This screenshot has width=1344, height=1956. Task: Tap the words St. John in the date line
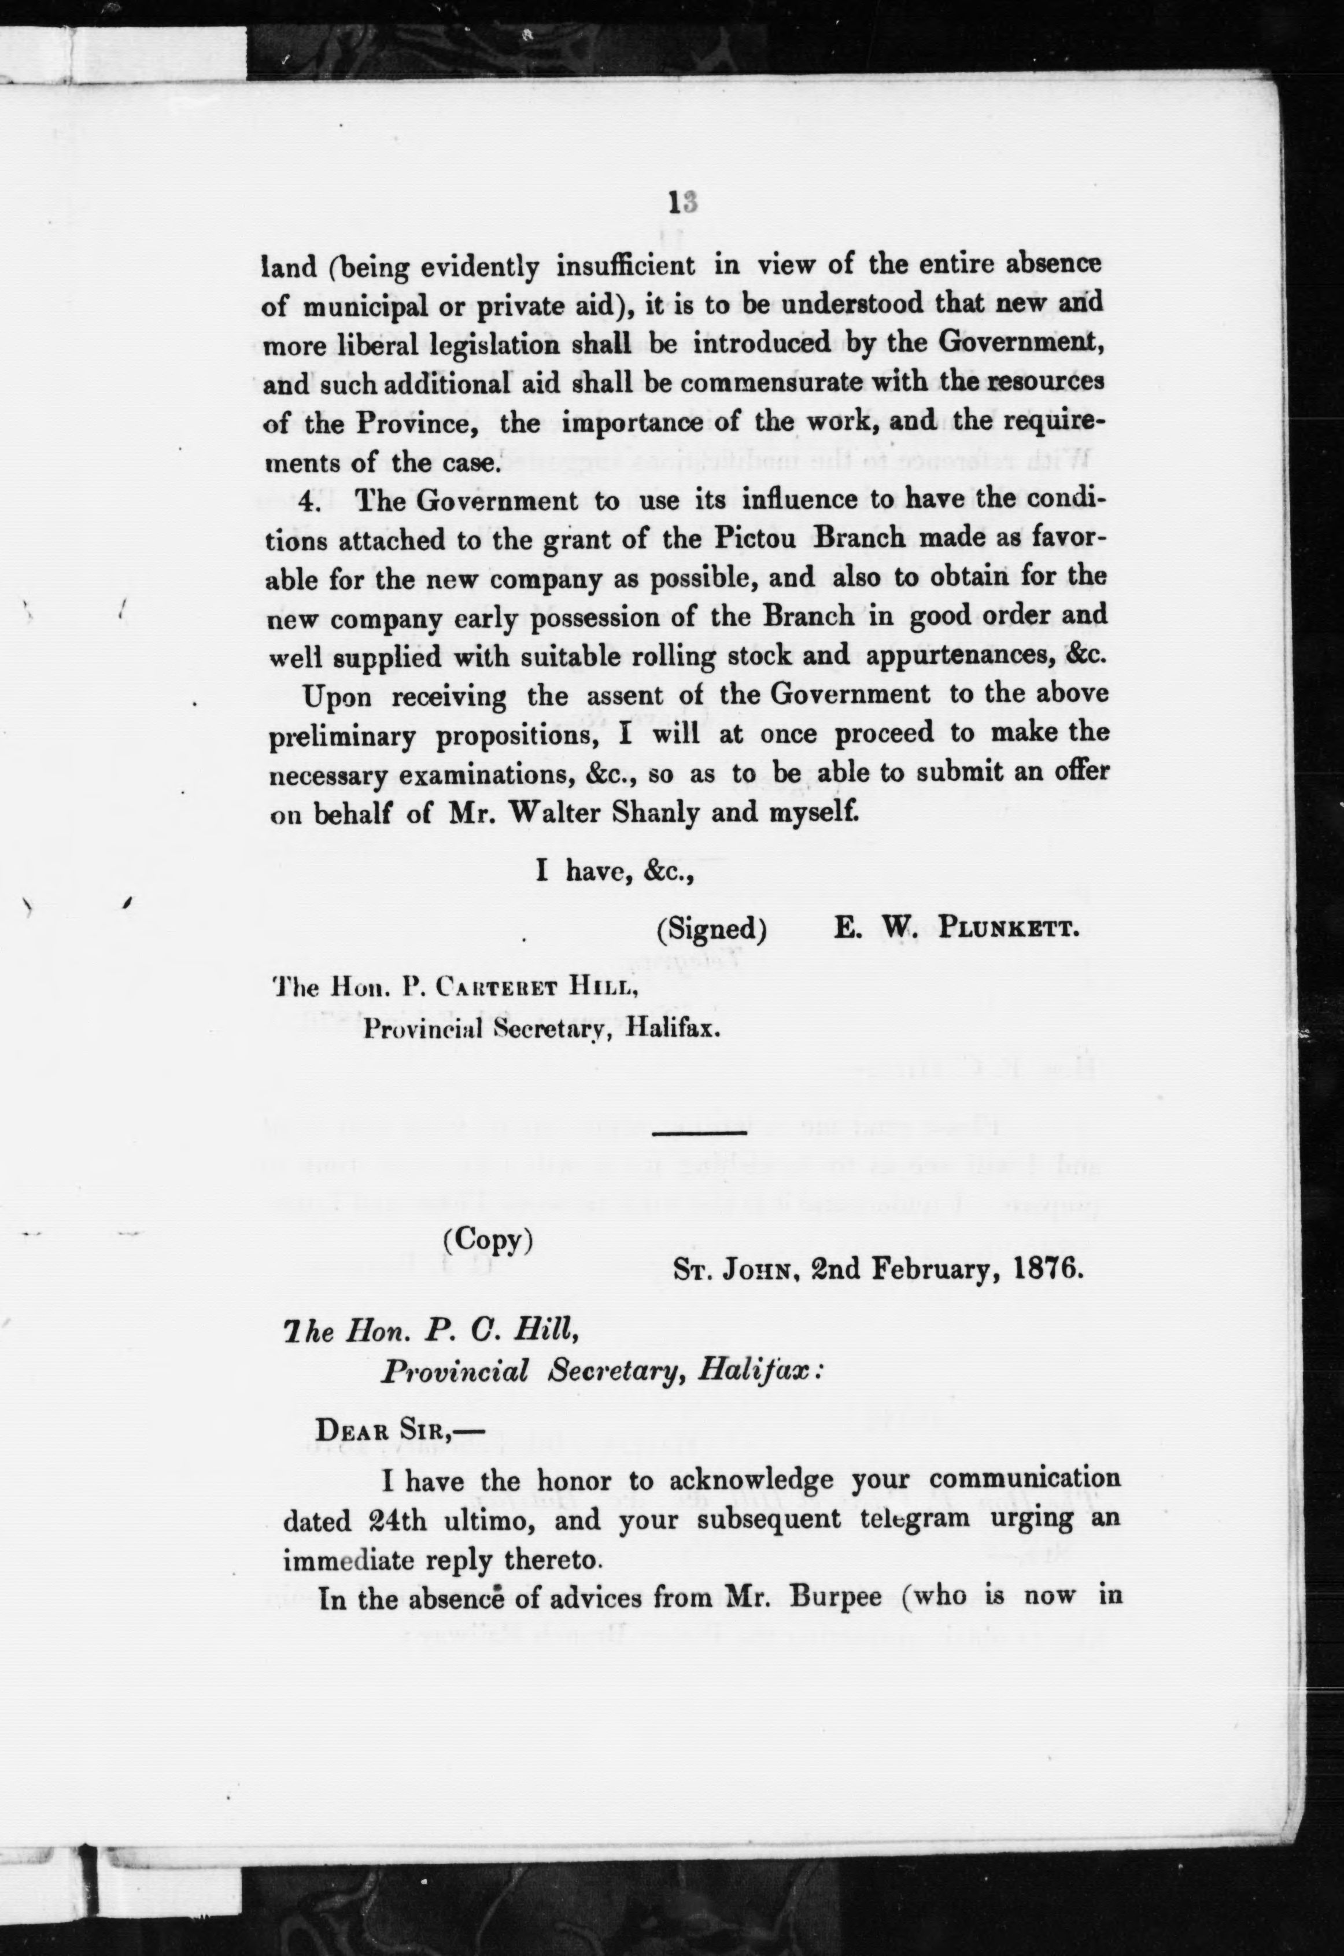734,1269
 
